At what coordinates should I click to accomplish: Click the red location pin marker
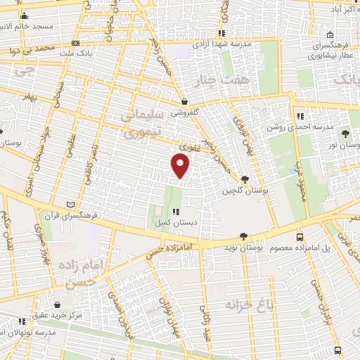pyautogui.click(x=181, y=166)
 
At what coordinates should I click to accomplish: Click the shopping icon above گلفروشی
pyautogui.click(x=184, y=101)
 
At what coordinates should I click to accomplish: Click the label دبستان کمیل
pyautogui.click(x=176, y=221)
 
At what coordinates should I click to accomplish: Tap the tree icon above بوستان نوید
pyautogui.click(x=243, y=237)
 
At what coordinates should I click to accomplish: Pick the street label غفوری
pyautogui.click(x=190, y=148)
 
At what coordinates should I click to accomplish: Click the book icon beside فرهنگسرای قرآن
pyautogui.click(x=69, y=205)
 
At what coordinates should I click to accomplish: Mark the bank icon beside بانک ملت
pyautogui.click(x=66, y=53)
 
